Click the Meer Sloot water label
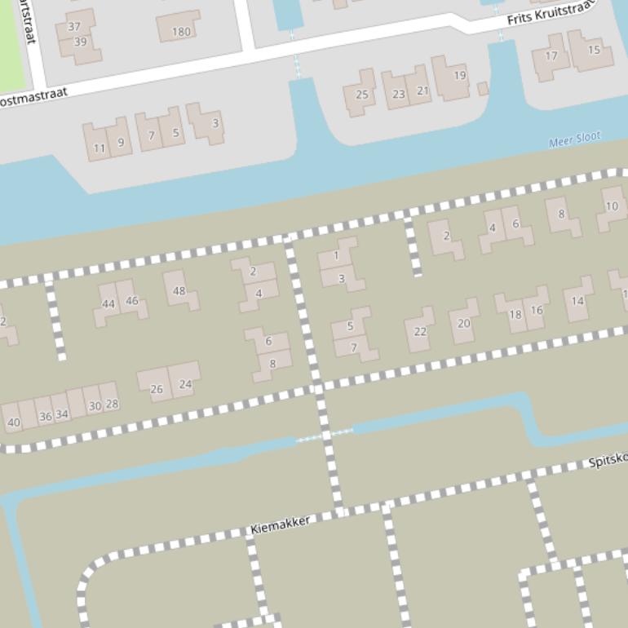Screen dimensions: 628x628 point(574,140)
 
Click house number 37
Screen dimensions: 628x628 point(74,27)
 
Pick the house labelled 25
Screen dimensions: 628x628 point(361,94)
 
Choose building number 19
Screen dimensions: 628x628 point(459,76)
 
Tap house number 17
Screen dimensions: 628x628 point(551,56)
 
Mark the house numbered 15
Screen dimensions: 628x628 point(594,50)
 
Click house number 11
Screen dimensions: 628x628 point(99,148)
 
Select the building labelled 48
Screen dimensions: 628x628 point(179,290)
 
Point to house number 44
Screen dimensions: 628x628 point(108,303)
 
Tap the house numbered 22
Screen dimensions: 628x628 point(420,331)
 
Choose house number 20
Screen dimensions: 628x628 point(463,323)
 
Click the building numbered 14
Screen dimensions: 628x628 point(577,301)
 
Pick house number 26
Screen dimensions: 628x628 point(156,388)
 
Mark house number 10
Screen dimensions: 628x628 point(612,206)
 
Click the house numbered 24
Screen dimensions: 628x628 point(185,383)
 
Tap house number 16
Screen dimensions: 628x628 point(536,310)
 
